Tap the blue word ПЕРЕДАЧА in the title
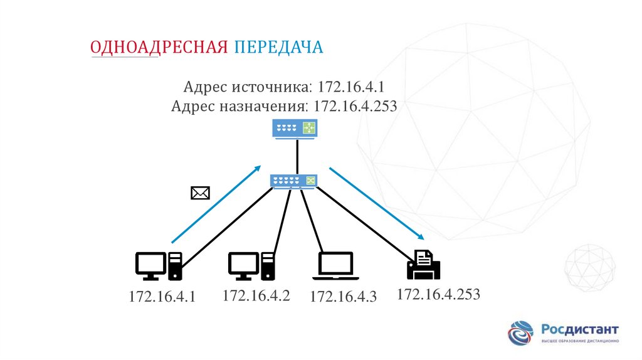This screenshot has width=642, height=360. [279, 48]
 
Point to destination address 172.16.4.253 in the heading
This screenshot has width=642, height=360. [355, 105]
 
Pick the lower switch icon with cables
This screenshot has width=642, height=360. [294, 181]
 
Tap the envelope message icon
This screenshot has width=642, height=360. [199, 193]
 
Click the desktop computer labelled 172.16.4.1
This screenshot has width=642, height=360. [159, 265]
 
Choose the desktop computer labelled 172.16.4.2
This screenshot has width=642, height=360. [251, 265]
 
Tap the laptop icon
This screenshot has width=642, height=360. [335, 266]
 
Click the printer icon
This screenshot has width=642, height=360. [424, 264]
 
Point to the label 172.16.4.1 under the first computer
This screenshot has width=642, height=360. [162, 297]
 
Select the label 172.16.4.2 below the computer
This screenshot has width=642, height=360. [256, 295]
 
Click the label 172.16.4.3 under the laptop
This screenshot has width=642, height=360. [343, 297]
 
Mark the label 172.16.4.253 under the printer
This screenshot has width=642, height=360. [438, 294]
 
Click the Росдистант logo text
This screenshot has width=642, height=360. [579, 329]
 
